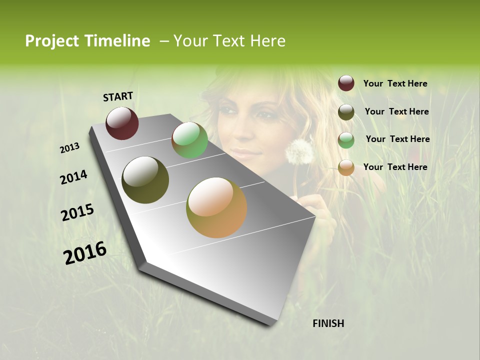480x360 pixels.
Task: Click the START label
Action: click(118, 96)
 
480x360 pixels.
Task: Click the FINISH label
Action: click(328, 323)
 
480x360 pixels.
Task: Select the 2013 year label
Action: click(70, 147)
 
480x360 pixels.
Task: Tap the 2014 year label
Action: click(73, 177)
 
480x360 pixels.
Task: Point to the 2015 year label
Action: click(77, 212)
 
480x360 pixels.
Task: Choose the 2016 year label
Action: click(85, 253)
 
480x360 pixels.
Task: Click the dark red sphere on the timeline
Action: click(122, 123)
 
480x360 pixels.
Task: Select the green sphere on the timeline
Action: click(189, 140)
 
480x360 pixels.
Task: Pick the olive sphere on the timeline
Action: click(145, 180)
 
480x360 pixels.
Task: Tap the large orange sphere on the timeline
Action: click(216, 207)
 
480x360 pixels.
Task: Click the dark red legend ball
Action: click(346, 83)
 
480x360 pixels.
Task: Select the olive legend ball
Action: click(346, 112)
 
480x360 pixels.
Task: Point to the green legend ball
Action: click(346, 140)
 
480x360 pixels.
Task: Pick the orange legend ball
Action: click(346, 167)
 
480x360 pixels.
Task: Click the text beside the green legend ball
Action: click(397, 139)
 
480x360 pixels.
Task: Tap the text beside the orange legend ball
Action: click(395, 167)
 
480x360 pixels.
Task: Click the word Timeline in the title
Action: click(117, 41)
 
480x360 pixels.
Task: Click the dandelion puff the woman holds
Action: click(298, 151)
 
